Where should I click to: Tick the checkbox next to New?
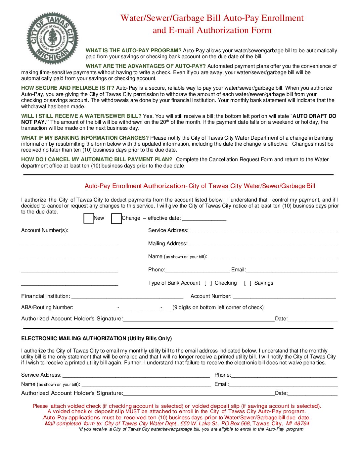89,218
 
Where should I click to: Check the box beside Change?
116,219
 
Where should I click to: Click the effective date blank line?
204,218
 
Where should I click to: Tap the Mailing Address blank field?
263,244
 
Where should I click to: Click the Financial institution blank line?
127,296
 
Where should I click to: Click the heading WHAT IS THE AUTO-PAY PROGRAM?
133,51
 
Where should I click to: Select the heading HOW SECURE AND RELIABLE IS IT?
68,88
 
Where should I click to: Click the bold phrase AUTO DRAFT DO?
314,116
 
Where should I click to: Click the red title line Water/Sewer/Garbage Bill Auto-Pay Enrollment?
212,18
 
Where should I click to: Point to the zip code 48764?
302,424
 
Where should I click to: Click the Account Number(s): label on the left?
45,230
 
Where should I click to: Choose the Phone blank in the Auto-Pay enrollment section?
197,270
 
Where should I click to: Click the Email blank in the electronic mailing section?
283,385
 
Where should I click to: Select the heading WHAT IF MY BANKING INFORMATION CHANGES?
85,138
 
